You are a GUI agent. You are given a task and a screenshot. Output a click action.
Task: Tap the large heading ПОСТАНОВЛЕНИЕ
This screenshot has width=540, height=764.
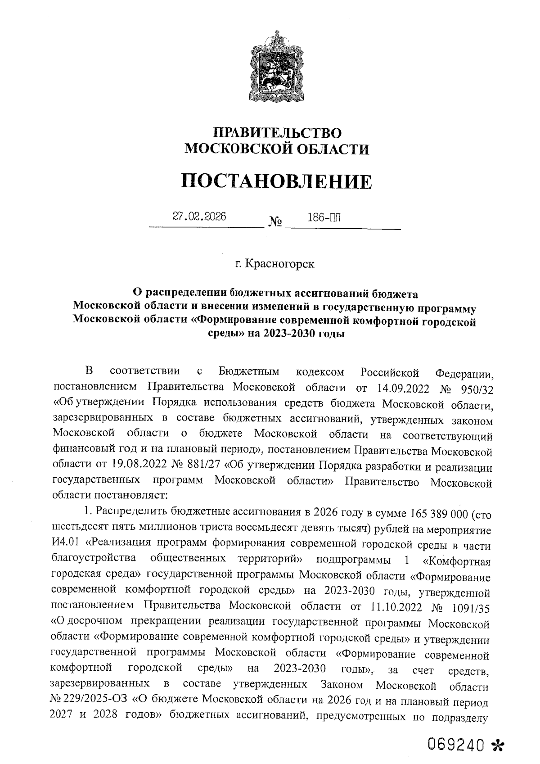coord(277,181)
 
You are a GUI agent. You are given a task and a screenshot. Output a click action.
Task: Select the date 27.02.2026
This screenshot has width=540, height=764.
coord(199,217)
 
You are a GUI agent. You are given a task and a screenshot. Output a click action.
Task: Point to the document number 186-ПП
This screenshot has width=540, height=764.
coord(324,218)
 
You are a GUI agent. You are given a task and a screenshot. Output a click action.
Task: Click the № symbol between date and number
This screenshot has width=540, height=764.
coord(275,222)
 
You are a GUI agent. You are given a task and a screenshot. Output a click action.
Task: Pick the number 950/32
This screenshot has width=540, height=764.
coord(475,388)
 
